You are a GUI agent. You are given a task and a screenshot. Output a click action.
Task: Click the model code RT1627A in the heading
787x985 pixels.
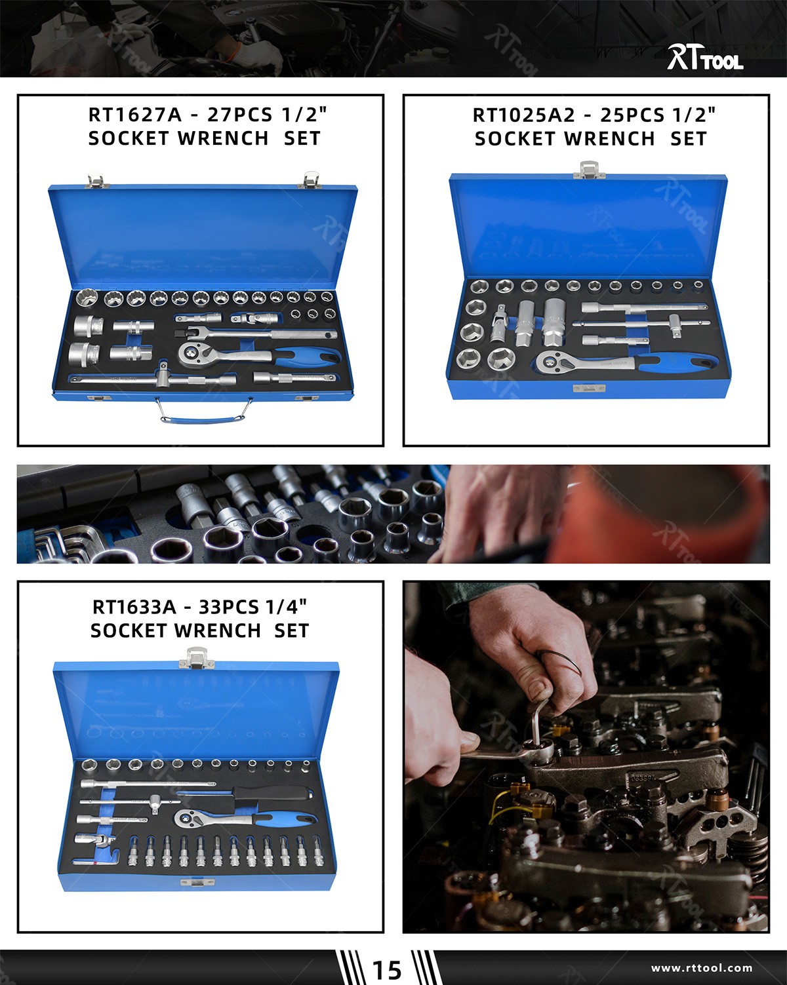click(134, 115)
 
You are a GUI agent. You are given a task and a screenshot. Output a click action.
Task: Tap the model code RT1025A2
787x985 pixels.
click(523, 115)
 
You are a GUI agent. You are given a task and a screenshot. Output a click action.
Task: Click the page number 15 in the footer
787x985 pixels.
click(386, 969)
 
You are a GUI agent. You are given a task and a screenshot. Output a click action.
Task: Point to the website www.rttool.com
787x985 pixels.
click(701, 968)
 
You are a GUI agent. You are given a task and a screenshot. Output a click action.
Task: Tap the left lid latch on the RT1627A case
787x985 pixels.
click(97, 179)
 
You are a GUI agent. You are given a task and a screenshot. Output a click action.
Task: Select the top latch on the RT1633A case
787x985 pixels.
click(197, 657)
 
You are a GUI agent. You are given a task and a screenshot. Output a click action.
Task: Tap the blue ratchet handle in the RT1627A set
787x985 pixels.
click(308, 357)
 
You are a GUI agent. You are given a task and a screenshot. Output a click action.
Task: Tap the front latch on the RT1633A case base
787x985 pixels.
click(197, 883)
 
